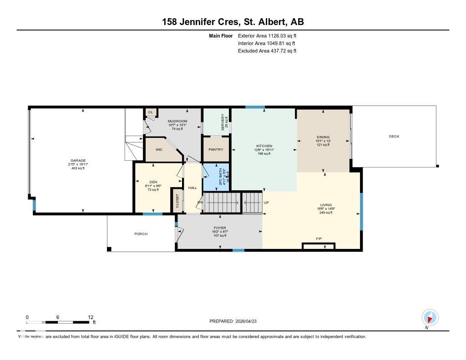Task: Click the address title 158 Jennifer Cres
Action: coord(233,21)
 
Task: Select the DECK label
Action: coord(394,137)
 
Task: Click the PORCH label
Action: coord(141,234)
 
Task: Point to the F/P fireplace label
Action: coord(319,238)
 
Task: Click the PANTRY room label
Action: coord(215,149)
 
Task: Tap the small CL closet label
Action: coord(150,112)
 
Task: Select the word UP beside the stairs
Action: coord(266,203)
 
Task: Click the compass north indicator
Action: coord(430,318)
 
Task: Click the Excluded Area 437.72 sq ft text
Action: coord(267,51)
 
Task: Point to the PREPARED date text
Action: coord(236,321)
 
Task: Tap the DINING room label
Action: coord(323,137)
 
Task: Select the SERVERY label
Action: coord(223,122)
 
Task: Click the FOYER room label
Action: coord(220,228)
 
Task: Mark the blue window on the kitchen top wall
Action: coord(255,107)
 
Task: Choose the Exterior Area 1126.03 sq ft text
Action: coord(267,35)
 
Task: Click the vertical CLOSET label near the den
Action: coord(177,201)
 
